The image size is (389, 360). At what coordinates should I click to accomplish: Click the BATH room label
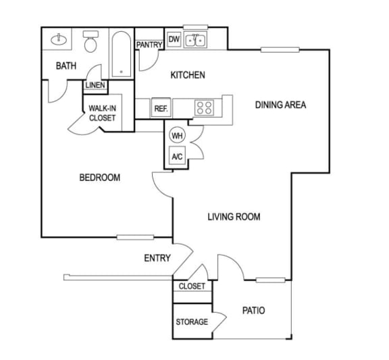[66, 66]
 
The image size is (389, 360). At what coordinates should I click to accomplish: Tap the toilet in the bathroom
[90, 43]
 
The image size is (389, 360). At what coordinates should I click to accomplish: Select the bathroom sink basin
[59, 38]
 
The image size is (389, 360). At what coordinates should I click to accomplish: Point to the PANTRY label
[149, 45]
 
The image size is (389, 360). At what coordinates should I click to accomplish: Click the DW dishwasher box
[174, 40]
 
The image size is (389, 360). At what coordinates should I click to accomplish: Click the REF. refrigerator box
[161, 108]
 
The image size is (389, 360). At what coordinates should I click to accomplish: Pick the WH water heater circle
[177, 135]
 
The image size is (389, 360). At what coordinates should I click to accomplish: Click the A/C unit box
[177, 157]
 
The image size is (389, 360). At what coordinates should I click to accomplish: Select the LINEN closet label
[95, 85]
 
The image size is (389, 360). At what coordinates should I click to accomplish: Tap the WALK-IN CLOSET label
[103, 113]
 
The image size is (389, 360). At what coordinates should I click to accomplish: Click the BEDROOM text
[100, 178]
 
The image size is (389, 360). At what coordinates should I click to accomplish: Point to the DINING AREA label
[280, 105]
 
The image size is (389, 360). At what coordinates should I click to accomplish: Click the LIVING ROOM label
[234, 217]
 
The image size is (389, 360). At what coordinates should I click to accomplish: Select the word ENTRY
[157, 258]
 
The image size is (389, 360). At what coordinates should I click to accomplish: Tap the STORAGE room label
[192, 322]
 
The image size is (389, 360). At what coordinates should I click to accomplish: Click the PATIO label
[253, 311]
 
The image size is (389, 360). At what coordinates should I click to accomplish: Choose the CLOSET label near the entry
[192, 286]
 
